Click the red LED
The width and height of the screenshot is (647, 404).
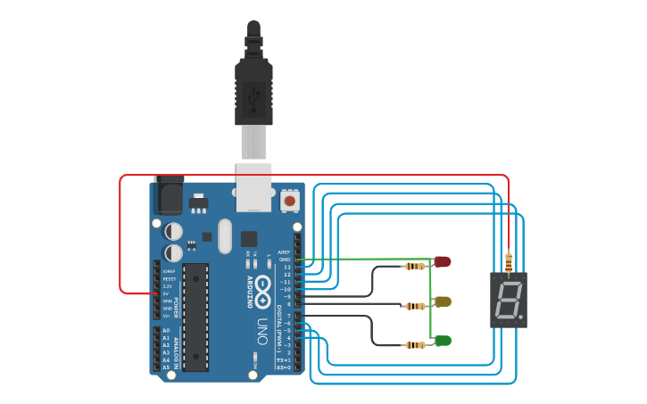443,261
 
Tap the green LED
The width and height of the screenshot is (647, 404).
443,341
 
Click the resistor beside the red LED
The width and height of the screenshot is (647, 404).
414,266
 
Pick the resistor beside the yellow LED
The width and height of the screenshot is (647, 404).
415,306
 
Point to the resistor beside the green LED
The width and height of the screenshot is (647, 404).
414,345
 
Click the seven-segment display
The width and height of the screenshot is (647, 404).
509,300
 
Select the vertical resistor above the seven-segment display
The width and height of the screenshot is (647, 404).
509,262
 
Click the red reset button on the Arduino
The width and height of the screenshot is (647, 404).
290,202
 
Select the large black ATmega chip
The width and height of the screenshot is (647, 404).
195,316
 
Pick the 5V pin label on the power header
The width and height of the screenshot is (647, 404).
166,293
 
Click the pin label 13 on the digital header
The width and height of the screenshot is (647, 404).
286,267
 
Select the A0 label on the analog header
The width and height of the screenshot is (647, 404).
166,331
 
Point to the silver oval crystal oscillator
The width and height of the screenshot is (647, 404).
224,236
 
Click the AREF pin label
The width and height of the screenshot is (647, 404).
285,252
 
